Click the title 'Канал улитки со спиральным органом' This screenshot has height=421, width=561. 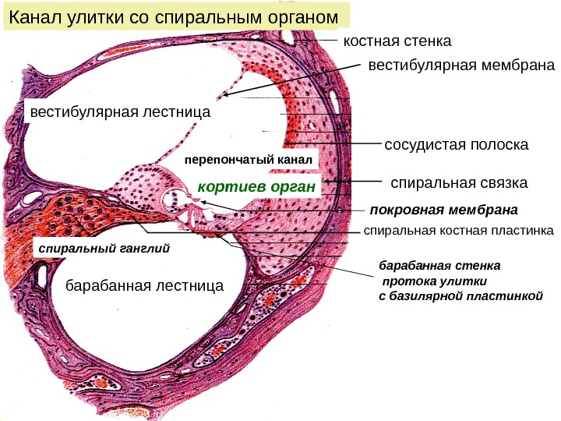[x=176, y=16]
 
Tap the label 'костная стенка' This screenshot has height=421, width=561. [x=397, y=40]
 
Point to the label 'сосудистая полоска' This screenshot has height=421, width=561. [x=457, y=145]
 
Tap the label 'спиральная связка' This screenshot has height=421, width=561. [x=458, y=183]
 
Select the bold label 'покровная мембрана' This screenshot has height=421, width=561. [x=443, y=210]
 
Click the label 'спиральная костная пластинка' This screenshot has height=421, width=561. [x=458, y=231]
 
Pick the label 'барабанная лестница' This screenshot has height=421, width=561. [x=143, y=286]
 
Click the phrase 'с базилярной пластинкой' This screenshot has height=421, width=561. [x=453, y=296]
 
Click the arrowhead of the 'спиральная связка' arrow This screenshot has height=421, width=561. [x=330, y=182]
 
